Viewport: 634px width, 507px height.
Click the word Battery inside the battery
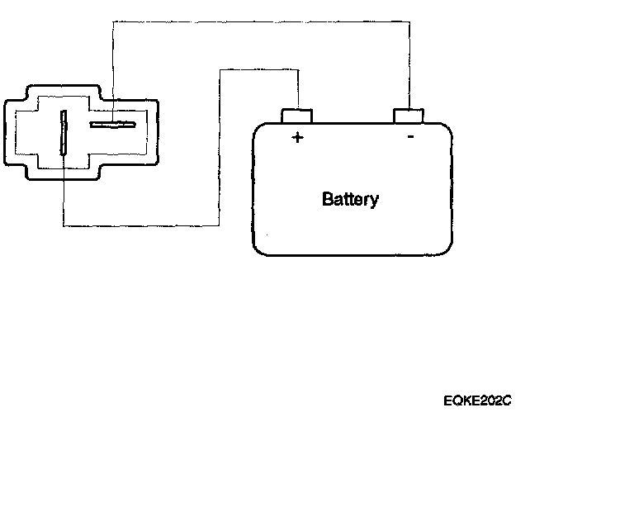tap(351, 199)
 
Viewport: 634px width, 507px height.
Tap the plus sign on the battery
tap(297, 138)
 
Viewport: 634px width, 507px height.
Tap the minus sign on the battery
tap(410, 137)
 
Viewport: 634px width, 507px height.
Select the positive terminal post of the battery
tap(297, 116)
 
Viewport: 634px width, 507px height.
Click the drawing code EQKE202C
tap(478, 401)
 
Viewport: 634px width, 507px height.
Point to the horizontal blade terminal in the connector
tap(112, 126)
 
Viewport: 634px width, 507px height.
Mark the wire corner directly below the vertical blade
tap(64, 225)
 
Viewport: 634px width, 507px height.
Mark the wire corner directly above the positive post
tap(297, 70)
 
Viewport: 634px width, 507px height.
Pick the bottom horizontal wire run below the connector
tap(140, 225)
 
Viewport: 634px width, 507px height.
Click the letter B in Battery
tap(327, 199)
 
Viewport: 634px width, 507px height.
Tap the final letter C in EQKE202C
tap(508, 401)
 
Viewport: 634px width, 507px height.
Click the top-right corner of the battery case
tap(449, 128)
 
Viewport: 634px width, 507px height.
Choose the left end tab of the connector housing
tap(10, 132)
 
